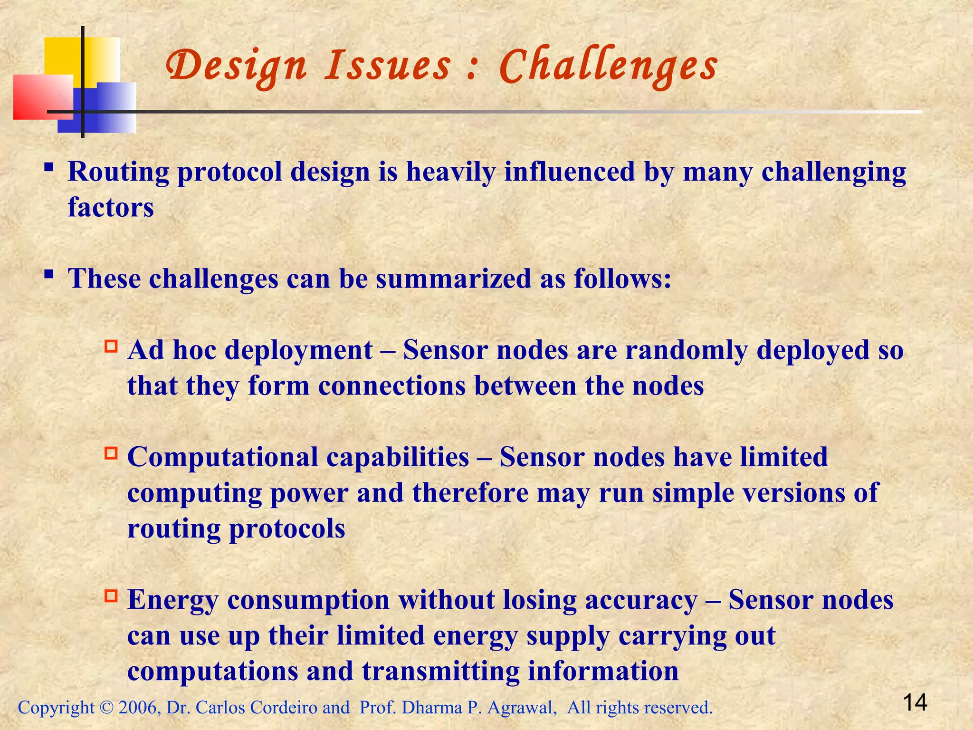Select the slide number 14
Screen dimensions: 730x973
(915, 702)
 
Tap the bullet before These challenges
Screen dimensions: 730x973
(48, 274)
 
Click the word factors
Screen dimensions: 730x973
(111, 208)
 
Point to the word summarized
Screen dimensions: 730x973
(453, 279)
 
